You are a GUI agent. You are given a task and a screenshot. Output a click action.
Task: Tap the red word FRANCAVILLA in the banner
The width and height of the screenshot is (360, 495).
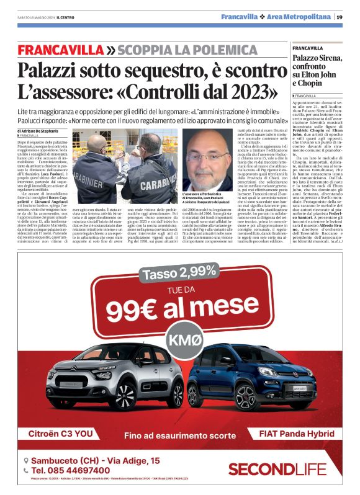point(61,50)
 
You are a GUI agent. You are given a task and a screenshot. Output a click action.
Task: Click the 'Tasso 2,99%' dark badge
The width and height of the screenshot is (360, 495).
point(180,272)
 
